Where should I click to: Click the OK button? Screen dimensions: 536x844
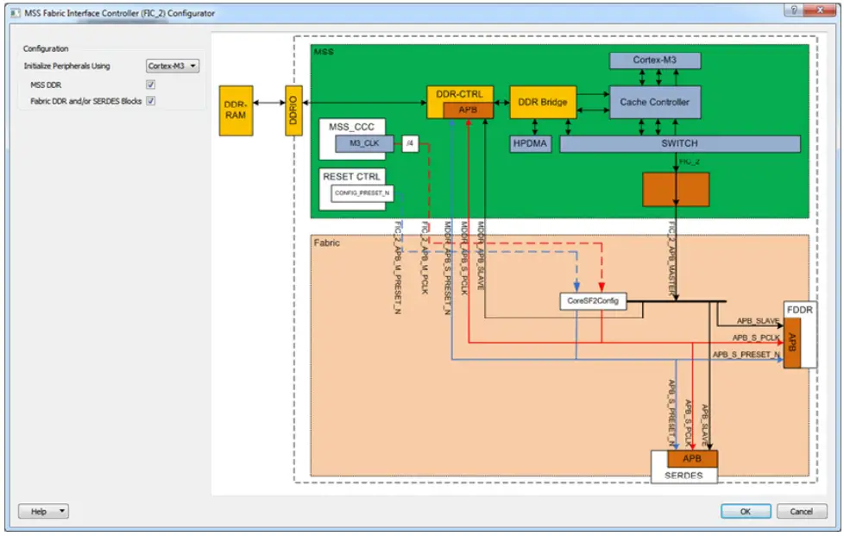746,511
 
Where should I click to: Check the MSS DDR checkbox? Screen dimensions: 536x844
151,85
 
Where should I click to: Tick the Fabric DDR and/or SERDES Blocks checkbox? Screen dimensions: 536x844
151,101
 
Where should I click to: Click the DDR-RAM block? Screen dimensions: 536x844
236,110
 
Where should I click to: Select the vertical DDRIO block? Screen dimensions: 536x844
294,110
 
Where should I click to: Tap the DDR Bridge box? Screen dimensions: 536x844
542,102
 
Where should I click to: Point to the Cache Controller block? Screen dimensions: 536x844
654,102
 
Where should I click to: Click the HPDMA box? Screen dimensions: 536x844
530,143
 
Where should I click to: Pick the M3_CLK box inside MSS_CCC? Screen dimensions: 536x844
363,143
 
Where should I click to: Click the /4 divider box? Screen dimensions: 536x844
411,143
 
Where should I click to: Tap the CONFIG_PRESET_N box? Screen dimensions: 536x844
362,193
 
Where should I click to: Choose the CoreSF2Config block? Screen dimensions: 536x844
591,302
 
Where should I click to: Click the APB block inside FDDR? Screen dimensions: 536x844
791,343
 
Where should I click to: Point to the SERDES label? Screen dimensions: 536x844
683,476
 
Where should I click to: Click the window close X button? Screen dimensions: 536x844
815,12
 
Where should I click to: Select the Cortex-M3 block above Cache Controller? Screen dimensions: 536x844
654,60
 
